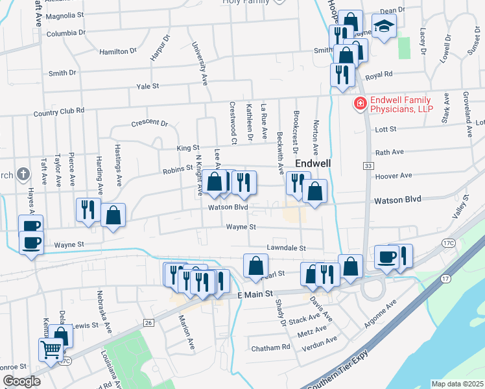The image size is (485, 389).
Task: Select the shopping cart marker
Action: pyautogui.click(x=51, y=349)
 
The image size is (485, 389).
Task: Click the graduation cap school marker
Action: pyautogui.click(x=384, y=27)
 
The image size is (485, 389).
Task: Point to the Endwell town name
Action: pyautogui.click(x=314, y=163)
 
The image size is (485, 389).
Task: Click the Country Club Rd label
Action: pyautogui.click(x=59, y=111)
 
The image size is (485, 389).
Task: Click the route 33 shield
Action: pyautogui.click(x=368, y=167)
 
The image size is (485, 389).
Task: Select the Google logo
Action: pyautogui.click(x=21, y=381)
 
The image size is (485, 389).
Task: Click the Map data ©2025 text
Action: pyautogui.click(x=457, y=384)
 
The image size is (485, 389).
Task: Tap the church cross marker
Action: pyautogui.click(x=23, y=174)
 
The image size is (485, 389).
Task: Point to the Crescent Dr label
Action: pyautogui.click(x=149, y=123)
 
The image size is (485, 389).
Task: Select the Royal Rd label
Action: pyautogui.click(x=379, y=75)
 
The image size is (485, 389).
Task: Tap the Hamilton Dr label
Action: pyautogui.click(x=118, y=50)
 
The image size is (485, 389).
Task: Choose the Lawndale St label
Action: pyautogui.click(x=285, y=248)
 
